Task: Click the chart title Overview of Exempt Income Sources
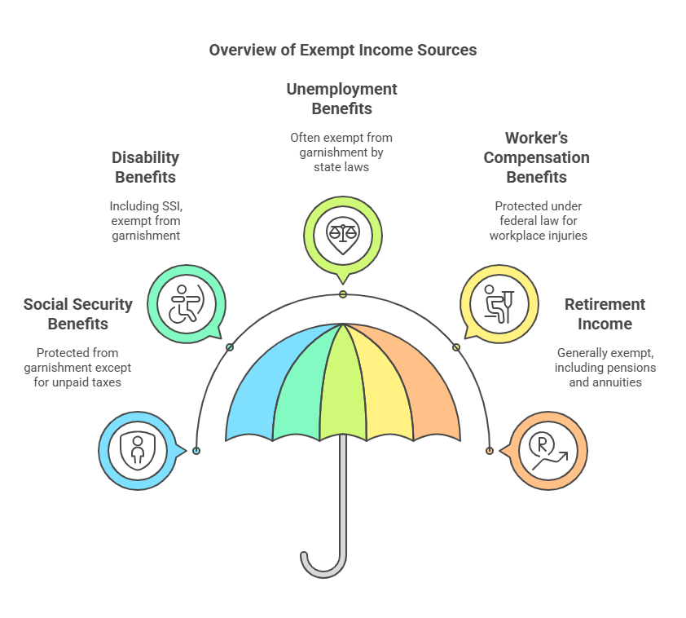(342, 50)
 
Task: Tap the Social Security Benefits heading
(77, 314)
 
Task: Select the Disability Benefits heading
(145, 166)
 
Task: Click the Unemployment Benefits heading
(341, 99)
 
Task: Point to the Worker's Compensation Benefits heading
(536, 157)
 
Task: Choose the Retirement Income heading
(605, 314)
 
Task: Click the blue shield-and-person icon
(137, 450)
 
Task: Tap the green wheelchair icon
(185, 303)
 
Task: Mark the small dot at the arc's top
(343, 294)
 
